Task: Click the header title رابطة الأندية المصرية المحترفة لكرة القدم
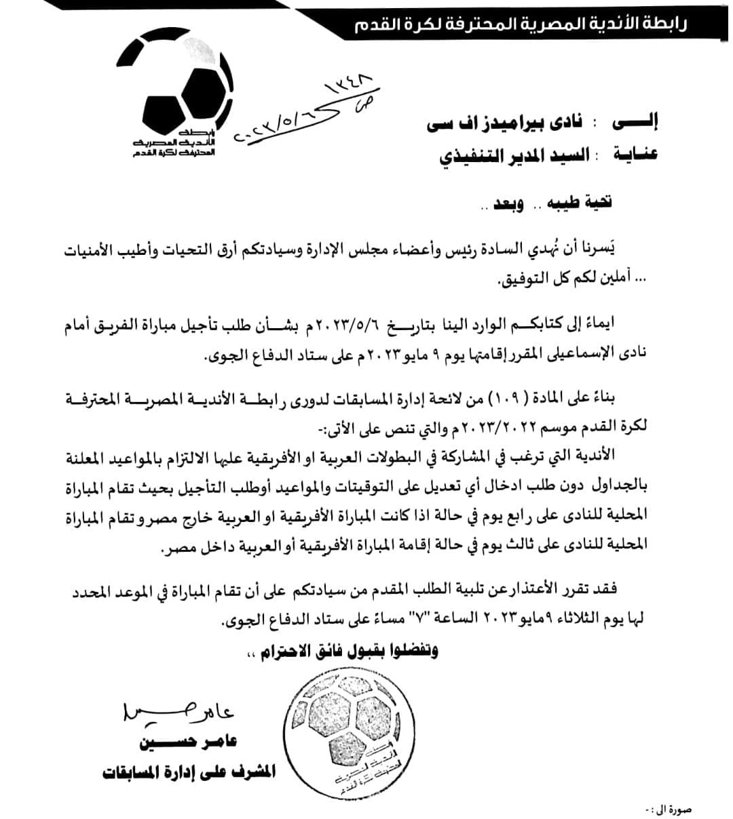point(521,26)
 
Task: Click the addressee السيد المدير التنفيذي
point(515,155)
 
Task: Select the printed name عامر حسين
point(188,742)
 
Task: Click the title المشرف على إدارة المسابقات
point(189,772)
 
